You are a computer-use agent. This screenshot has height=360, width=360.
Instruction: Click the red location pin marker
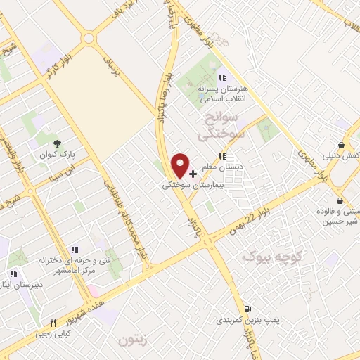pos(181,166)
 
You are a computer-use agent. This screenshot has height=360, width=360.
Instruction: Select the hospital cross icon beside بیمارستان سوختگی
pos(193,173)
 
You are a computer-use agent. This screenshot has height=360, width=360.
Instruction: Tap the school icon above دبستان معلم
pos(222,156)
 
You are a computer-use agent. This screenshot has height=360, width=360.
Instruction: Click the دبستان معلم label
pos(222,167)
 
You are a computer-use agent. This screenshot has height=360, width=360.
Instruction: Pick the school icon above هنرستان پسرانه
pos(222,78)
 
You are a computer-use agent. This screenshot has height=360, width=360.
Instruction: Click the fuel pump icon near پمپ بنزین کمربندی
pos(247,308)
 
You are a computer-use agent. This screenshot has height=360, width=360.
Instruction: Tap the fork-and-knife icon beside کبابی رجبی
pos(53,323)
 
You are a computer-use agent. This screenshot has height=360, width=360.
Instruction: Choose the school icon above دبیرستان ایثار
pos(13,274)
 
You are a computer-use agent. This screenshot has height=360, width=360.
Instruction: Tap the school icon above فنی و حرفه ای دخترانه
pos(74,249)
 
